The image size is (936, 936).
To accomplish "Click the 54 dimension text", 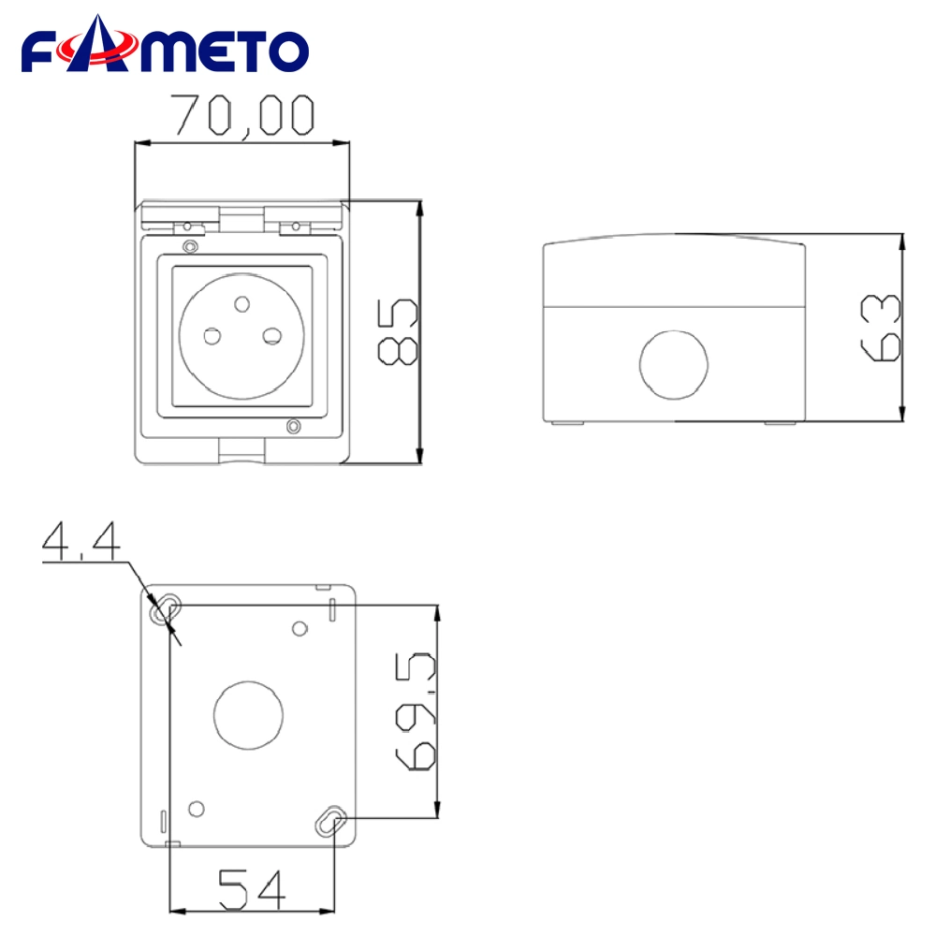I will point(251,889).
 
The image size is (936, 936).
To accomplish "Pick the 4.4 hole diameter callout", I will point(81,542).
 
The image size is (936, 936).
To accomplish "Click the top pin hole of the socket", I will point(242,302).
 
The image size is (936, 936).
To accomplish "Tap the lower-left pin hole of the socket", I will point(212,335).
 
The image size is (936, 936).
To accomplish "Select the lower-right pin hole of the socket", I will point(273,335).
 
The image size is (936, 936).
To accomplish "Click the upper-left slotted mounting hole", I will point(166,607).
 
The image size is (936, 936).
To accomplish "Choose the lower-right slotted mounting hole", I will point(330,822).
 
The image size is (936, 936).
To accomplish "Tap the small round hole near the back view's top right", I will point(300,628).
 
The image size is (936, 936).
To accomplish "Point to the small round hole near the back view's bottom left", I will point(197,808).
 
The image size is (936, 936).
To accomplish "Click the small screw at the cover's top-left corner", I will point(191,246).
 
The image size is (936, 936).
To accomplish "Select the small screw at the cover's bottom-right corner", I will point(294,427).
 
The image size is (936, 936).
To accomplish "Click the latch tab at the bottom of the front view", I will point(243,451).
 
